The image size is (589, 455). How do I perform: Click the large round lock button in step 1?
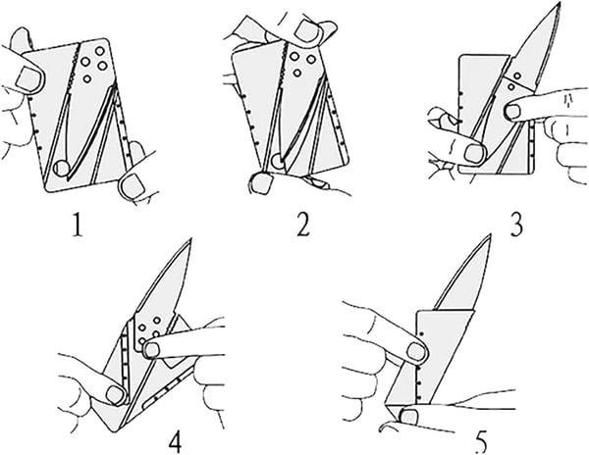(61, 168)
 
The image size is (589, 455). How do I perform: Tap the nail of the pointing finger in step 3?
(513, 113)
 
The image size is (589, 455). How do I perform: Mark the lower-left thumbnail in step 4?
(115, 394)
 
